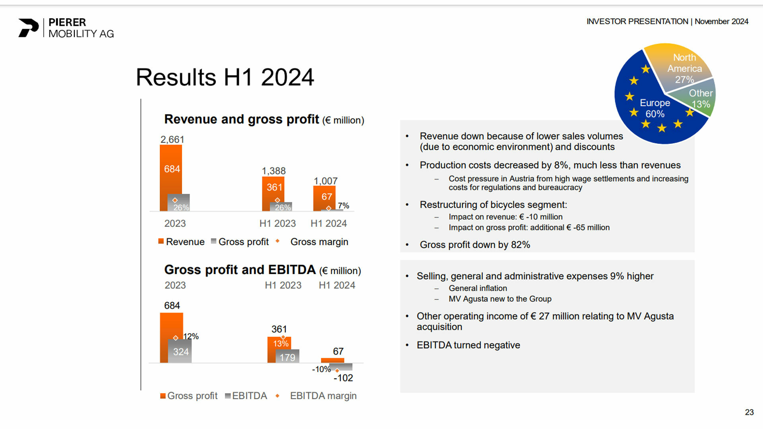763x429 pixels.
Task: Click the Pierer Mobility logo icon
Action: (28, 28)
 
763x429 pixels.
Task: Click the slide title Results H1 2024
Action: (225, 77)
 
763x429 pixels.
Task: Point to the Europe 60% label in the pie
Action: (655, 108)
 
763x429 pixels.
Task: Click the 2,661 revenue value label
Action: (172, 140)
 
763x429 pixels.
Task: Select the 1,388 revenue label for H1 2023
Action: (273, 171)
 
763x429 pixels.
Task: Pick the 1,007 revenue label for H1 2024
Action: (325, 181)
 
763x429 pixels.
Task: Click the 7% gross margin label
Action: (343, 206)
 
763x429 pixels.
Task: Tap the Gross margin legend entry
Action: (319, 242)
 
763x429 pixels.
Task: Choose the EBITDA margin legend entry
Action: (323, 396)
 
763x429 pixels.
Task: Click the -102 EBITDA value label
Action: (343, 378)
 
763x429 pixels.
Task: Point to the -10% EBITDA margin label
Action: (321, 369)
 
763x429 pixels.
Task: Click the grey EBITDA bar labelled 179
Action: (287, 357)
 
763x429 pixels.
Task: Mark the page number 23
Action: (749, 412)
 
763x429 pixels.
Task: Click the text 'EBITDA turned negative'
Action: (468, 345)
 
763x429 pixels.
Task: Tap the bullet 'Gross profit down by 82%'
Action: (474, 245)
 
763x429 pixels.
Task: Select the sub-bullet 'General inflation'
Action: (478, 288)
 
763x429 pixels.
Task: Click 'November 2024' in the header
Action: (721, 21)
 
